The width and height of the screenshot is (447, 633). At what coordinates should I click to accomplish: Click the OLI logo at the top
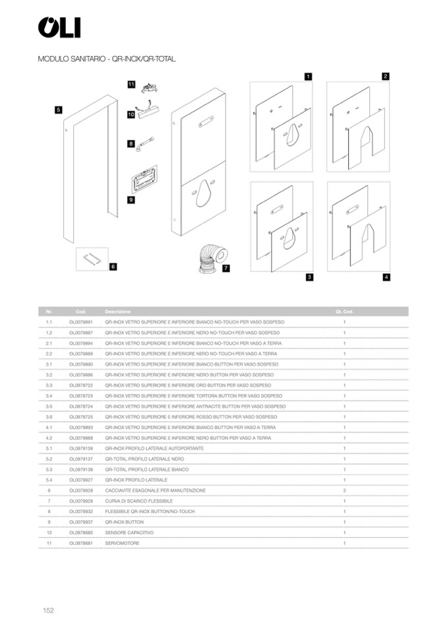pyautogui.click(x=59, y=28)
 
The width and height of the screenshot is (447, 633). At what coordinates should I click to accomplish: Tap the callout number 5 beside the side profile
pyautogui.click(x=59, y=110)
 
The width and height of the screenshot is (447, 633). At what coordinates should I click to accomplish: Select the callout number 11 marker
pyautogui.click(x=131, y=84)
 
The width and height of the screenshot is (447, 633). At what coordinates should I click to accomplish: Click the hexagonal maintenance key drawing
pyautogui.click(x=92, y=258)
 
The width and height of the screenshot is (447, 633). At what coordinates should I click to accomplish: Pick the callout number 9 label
pyautogui.click(x=131, y=199)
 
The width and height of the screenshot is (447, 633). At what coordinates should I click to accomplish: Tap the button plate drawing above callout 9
pyautogui.click(x=142, y=178)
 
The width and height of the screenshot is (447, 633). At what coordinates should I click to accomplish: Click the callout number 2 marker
pyautogui.click(x=386, y=77)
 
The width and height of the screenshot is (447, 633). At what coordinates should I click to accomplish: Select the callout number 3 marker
pyautogui.click(x=309, y=277)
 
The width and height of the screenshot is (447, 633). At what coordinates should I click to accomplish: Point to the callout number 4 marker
pyautogui.click(x=386, y=277)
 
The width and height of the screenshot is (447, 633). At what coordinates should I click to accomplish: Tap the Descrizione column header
pyautogui.click(x=117, y=312)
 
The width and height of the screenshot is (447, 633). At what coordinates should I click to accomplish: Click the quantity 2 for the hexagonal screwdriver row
pyautogui.click(x=344, y=490)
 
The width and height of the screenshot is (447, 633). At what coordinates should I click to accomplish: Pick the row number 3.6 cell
pyautogui.click(x=49, y=417)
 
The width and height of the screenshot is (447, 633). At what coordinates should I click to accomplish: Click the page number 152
pyautogui.click(x=47, y=611)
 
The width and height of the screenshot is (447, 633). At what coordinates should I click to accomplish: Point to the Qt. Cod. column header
pyautogui.click(x=344, y=312)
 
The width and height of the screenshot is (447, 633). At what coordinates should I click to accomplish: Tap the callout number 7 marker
pyautogui.click(x=225, y=269)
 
